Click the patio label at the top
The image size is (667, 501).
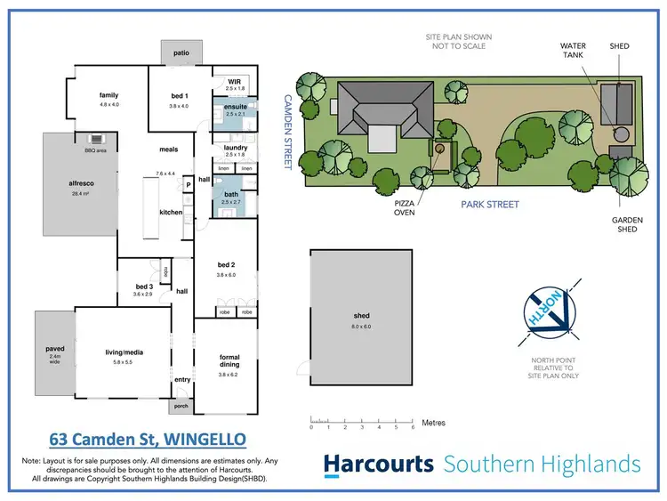coord(181,53)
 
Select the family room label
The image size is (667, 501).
coord(109,95)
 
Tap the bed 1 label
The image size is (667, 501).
coord(181,95)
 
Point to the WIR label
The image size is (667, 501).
coord(234,83)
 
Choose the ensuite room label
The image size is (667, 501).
coord(236,109)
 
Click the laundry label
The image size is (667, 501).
coord(235,149)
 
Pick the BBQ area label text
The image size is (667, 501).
coord(95,151)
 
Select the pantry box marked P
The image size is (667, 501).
coord(189,185)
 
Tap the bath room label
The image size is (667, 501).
coord(231,194)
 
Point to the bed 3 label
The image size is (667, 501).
coord(144,287)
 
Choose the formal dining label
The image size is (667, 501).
coord(229,360)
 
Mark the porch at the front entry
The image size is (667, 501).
coord(181,407)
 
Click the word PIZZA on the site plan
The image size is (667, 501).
coord(406,202)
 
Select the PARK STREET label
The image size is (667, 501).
coord(489,205)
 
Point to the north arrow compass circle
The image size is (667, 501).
coord(543,313)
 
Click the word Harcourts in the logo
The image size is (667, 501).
coord(378,464)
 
